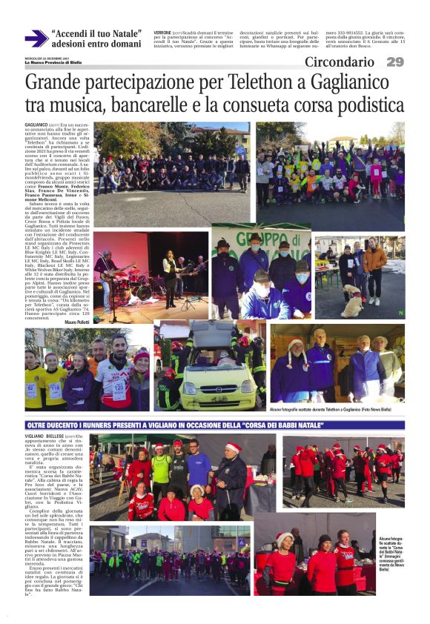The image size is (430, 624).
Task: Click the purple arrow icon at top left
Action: [x=36, y=39]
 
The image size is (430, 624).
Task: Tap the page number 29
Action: [x=395, y=62]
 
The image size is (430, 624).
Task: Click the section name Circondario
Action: [x=340, y=62]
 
